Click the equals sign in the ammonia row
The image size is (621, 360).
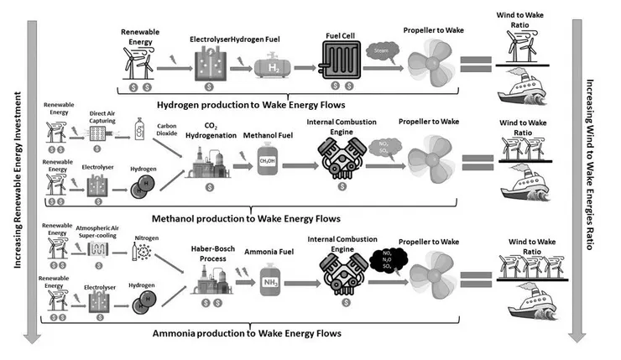click(477, 279)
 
